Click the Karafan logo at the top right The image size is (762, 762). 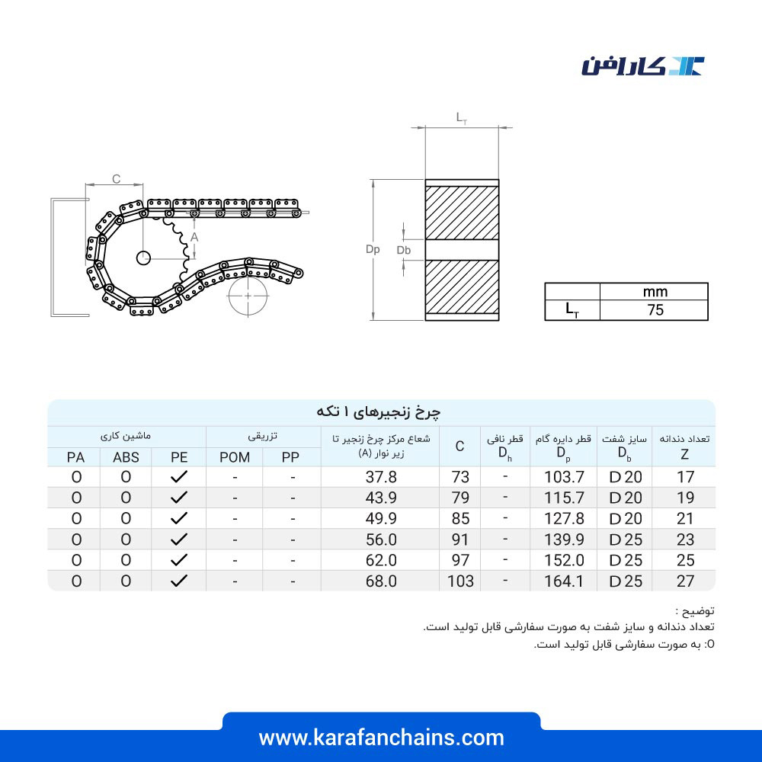pos(642,66)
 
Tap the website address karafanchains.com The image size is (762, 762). pos(382,738)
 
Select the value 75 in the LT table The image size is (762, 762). pos(655,310)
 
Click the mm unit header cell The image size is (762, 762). pos(655,292)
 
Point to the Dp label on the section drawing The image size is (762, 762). pos(373,249)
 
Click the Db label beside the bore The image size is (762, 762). pos(403,250)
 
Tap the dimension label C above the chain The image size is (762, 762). pos(116,179)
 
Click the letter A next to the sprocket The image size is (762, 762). pos(194,237)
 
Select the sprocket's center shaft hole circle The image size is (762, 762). pos(143,258)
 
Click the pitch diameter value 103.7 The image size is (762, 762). pos(564,477)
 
